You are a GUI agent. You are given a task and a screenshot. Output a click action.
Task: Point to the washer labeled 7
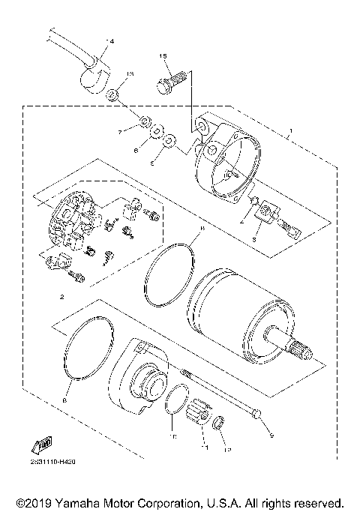(x=142, y=121)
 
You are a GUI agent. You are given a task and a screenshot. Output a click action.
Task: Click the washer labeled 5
(x=171, y=139)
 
